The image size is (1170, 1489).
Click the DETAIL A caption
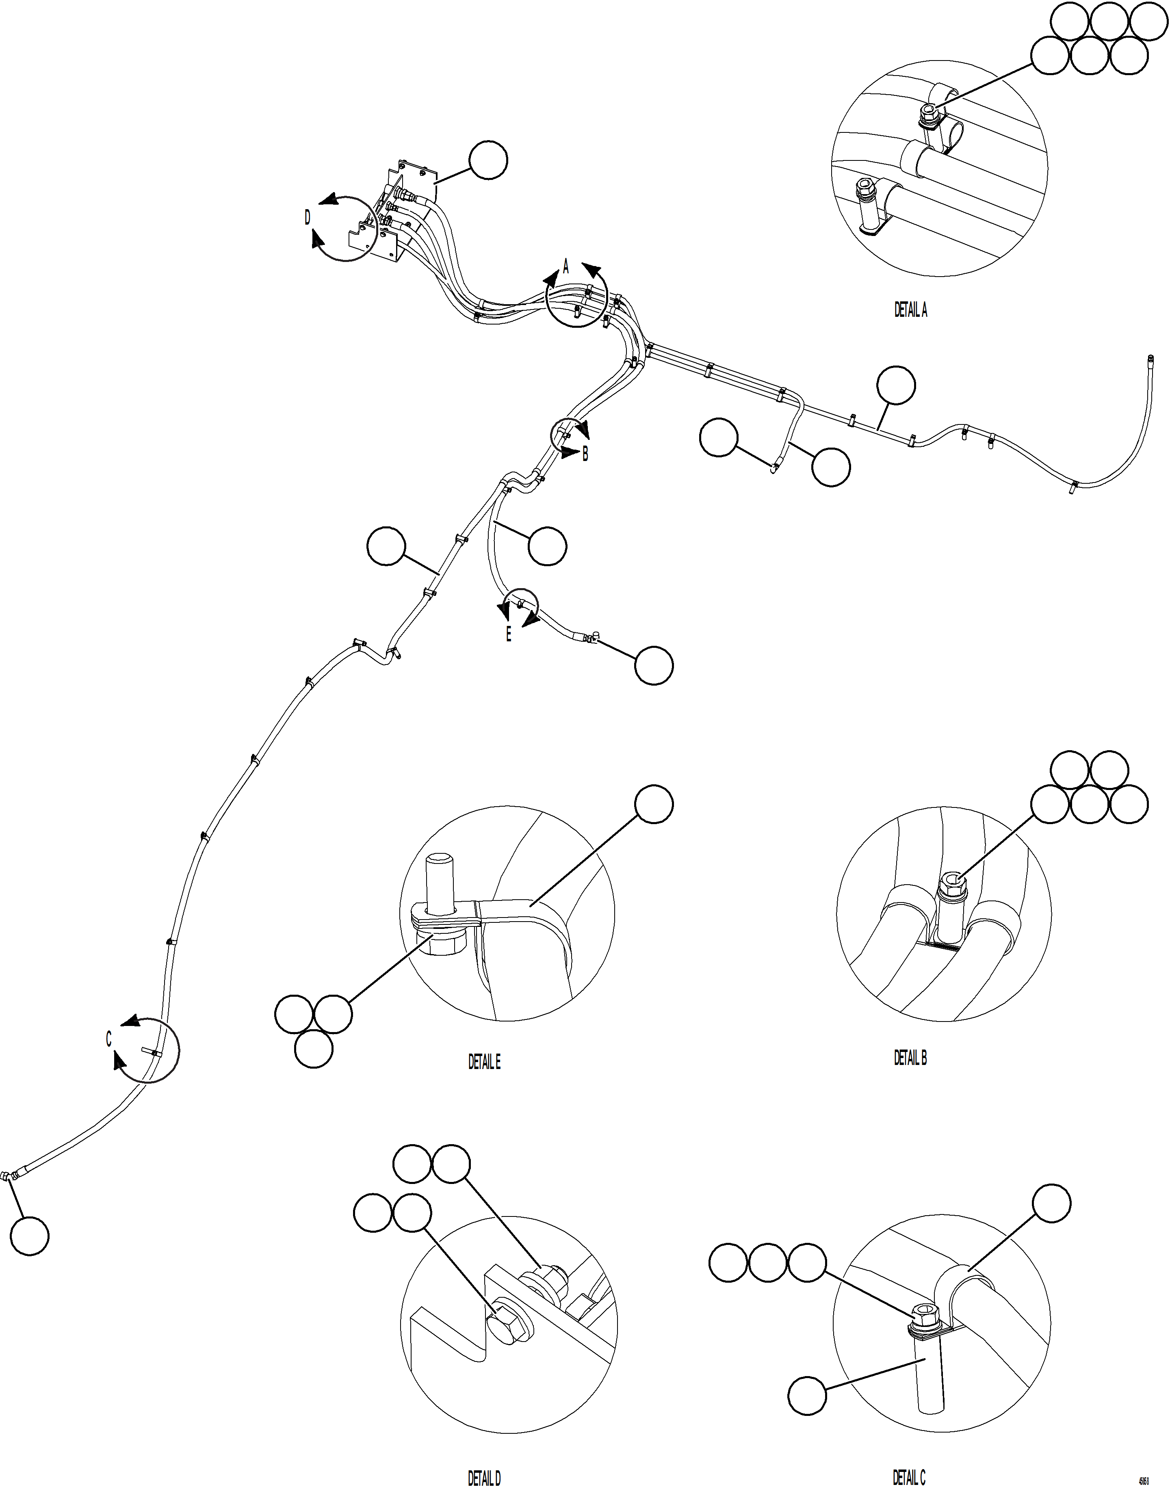click(910, 310)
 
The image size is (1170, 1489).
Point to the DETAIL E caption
click(484, 1062)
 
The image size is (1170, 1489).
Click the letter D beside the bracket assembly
click(308, 218)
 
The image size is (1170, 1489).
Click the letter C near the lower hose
click(108, 1040)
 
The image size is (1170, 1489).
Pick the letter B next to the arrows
click(585, 454)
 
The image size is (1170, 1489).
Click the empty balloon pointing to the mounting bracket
click(488, 160)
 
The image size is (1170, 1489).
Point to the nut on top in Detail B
click(950, 887)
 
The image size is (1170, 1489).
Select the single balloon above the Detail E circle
click(654, 804)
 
